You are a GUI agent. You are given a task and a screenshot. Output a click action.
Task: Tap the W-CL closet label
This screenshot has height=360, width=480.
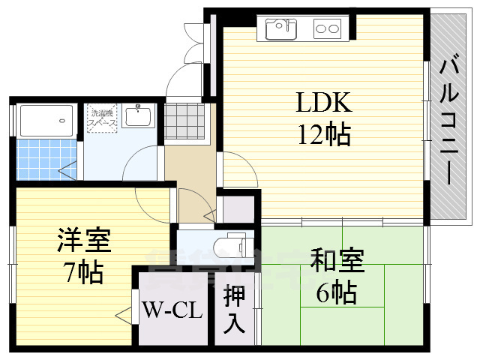[172, 310]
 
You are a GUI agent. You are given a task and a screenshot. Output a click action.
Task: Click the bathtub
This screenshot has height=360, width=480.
[46, 120]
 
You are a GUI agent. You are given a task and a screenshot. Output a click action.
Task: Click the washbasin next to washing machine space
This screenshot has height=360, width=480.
[139, 117]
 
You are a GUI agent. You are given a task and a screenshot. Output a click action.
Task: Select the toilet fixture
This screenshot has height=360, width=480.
[229, 244]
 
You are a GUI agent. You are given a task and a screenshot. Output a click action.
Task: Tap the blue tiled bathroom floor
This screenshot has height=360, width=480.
[46, 159]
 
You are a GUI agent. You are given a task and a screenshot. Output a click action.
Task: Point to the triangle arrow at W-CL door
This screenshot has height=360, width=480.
[121, 316]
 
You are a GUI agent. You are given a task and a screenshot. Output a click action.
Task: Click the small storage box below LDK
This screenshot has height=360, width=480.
[237, 208]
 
